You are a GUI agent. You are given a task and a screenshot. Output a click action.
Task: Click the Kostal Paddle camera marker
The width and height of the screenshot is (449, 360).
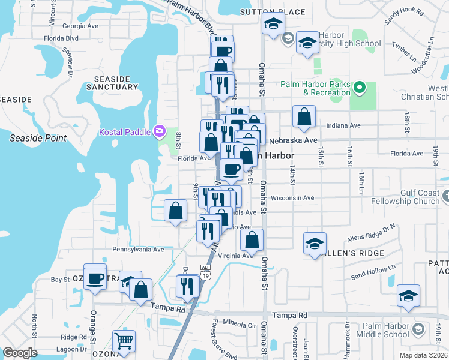(160, 130)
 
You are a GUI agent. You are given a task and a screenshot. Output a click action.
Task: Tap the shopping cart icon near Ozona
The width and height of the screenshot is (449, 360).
(124, 341)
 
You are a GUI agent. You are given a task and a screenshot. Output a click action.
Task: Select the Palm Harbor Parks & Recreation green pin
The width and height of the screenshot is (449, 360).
(360, 88)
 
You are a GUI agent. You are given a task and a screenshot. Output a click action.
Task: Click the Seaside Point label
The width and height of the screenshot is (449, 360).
(37, 138)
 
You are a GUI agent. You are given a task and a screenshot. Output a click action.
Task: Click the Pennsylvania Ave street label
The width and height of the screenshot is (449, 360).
(138, 249)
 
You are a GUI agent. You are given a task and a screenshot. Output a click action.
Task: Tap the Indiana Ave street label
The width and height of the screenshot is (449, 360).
(343, 125)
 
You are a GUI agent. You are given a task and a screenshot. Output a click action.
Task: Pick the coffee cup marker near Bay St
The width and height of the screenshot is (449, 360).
(95, 277)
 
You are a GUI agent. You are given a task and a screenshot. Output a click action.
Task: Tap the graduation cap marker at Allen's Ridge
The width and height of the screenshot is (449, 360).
(315, 244)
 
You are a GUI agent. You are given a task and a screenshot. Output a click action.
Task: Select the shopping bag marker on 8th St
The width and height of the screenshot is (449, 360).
(175, 211)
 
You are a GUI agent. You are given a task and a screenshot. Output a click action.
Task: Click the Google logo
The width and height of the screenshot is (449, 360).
(20, 353)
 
